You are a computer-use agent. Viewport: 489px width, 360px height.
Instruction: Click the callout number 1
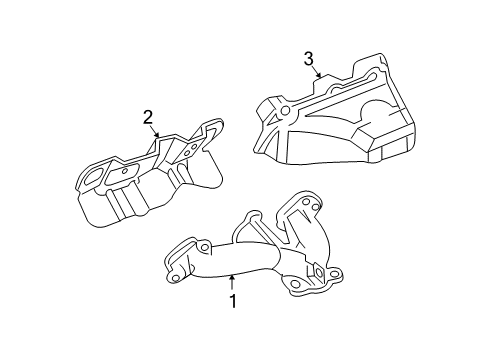click(x=233, y=300)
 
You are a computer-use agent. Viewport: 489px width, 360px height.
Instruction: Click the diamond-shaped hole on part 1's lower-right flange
click(x=316, y=270)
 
